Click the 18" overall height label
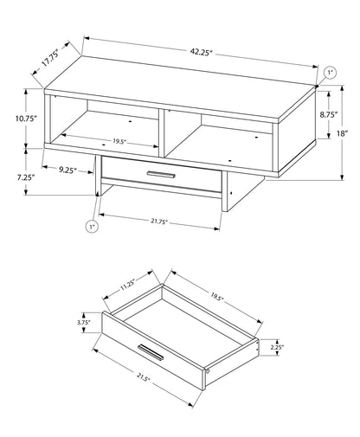[343, 132]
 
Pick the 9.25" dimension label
[70, 170]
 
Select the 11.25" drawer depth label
[128, 282]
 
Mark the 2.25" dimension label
[276, 347]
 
